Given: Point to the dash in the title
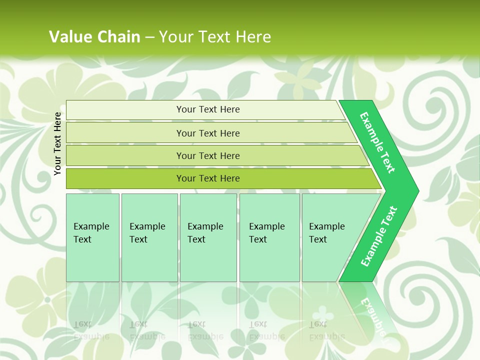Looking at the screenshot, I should (149, 37).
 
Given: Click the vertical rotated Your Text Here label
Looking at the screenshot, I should (57, 143).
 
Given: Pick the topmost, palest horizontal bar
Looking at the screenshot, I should (207, 109).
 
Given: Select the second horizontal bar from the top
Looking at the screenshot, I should (207, 133).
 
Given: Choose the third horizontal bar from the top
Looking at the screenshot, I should (207, 155).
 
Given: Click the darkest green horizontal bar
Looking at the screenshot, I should (207, 178).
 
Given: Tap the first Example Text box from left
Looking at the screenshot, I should (92, 237).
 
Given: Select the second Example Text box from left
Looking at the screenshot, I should (149, 237).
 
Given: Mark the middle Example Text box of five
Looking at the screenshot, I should (208, 237).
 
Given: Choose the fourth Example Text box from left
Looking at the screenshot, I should (269, 237).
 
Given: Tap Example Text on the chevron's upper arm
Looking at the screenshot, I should (378, 142).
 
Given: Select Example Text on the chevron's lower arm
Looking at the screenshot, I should (378, 236).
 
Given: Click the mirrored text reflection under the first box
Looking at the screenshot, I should (91, 330).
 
